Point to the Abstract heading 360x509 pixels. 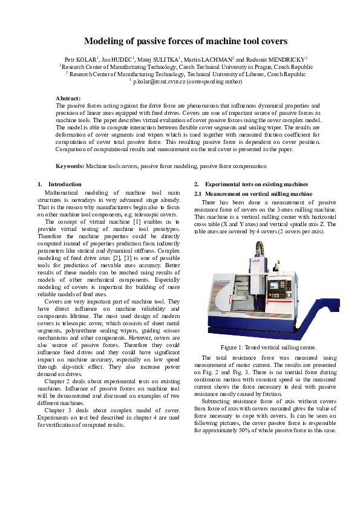68,98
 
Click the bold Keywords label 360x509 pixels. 70,165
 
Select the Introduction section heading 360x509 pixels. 64,184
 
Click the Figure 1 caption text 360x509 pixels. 268,347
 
